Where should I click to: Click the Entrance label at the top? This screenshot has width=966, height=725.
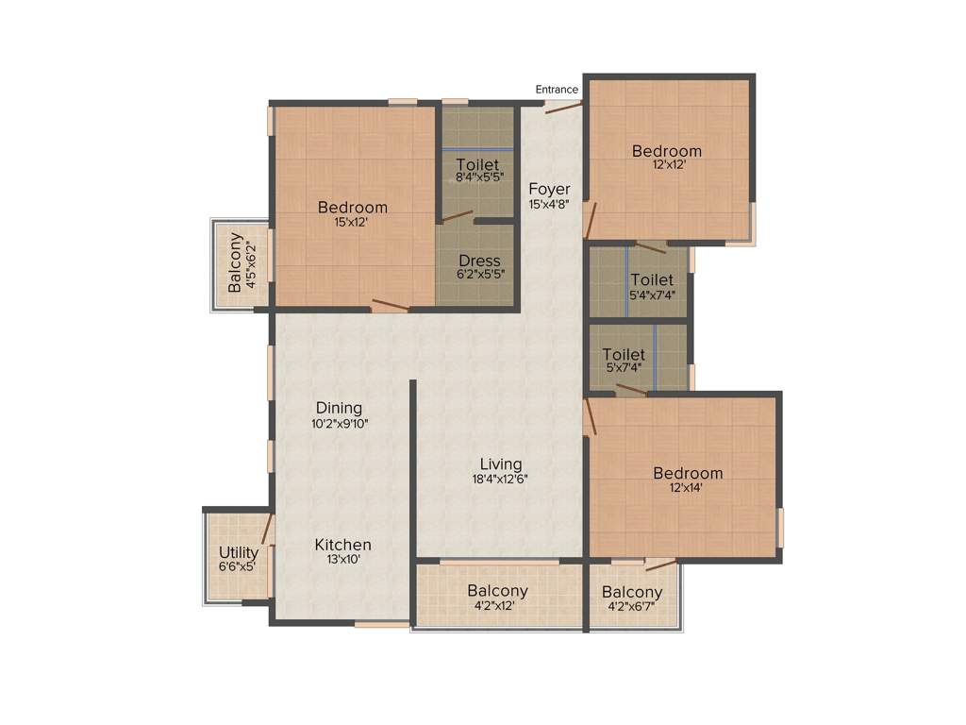click(x=557, y=90)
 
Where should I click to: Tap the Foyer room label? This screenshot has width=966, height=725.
click(x=549, y=188)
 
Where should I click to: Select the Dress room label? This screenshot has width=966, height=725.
click(x=479, y=261)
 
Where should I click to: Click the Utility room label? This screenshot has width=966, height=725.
click(x=238, y=552)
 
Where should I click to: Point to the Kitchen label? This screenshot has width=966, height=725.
click(x=342, y=545)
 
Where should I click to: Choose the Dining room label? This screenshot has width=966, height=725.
click(x=340, y=408)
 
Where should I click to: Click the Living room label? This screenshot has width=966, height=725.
click(x=501, y=464)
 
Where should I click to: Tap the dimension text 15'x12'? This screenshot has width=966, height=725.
click(x=352, y=223)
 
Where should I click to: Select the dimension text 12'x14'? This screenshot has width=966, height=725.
click(x=688, y=488)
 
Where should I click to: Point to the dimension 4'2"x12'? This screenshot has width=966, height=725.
click(x=497, y=606)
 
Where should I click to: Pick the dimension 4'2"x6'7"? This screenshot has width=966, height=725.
click(x=632, y=606)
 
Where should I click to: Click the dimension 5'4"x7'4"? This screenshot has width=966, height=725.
click(x=652, y=295)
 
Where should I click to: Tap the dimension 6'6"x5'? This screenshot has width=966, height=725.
click(x=238, y=566)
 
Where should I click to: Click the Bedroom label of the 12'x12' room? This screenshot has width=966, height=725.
click(x=667, y=151)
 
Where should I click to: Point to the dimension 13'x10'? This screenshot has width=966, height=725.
click(x=342, y=559)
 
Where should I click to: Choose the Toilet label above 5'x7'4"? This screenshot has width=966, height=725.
click(x=625, y=355)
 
